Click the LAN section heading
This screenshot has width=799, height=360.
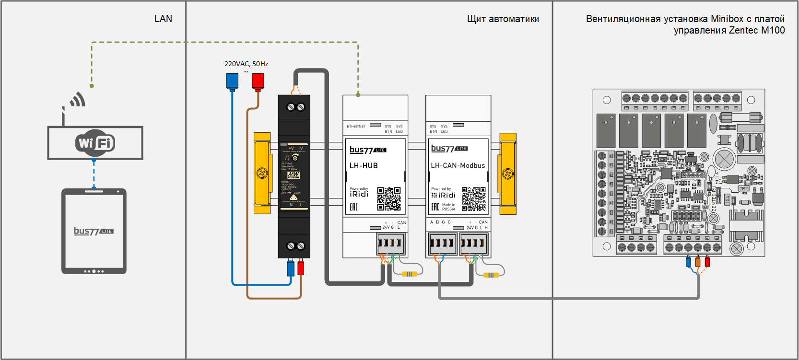click(163, 19)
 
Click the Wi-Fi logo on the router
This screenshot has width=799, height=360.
click(95, 142)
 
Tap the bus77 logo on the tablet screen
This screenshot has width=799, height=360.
click(94, 231)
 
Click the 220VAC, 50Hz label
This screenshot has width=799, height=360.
click(246, 64)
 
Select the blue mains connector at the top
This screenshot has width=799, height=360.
click(232, 81)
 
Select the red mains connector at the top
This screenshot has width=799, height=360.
click(258, 81)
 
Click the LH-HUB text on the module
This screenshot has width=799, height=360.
click(364, 165)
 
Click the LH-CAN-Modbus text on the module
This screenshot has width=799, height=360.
click(458, 165)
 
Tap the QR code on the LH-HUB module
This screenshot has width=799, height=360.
click(388, 198)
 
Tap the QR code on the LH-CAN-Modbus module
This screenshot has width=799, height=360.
click(473, 198)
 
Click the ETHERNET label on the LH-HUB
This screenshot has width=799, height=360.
click(356, 127)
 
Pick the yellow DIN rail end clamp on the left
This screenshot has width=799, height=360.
click(262, 173)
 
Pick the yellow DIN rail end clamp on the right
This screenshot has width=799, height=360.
click(508, 173)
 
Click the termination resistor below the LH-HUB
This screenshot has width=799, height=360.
click(409, 274)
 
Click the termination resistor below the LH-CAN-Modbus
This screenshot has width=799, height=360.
click(491, 275)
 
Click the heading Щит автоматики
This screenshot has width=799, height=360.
click(503, 19)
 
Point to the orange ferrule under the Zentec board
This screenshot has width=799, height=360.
click(698, 262)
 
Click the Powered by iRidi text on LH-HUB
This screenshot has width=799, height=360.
click(359, 192)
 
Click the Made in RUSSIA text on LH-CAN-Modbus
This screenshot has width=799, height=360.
click(448, 207)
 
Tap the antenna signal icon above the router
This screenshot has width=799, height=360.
click(77, 100)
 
